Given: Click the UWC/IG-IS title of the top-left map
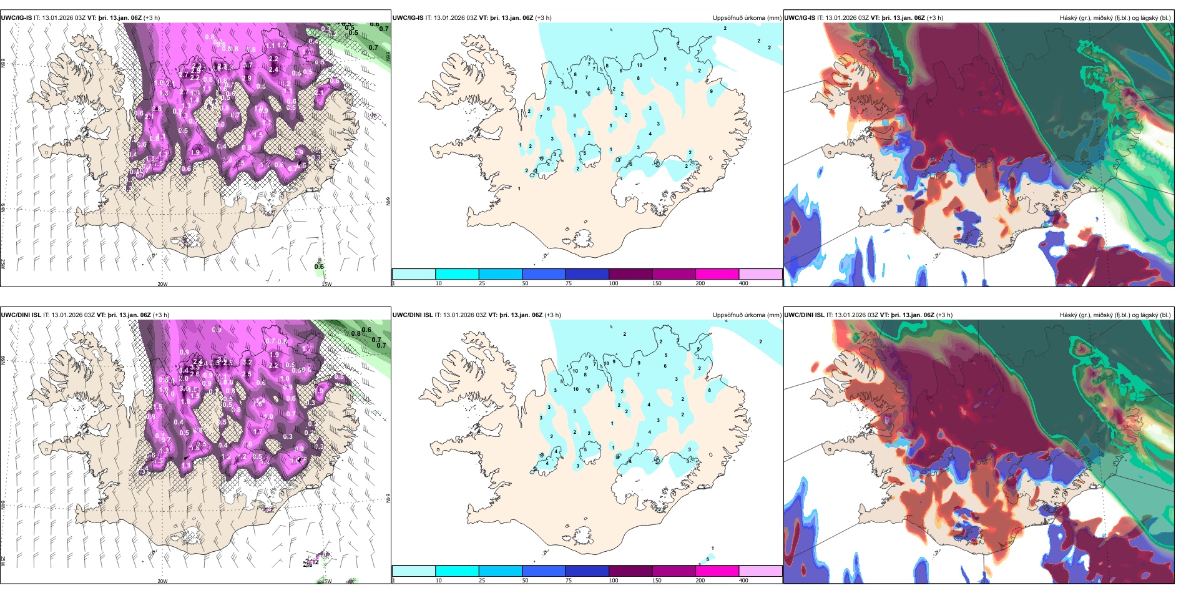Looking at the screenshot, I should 16,18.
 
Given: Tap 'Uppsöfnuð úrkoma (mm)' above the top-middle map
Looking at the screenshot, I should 747,18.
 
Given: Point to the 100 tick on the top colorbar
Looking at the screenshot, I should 614,283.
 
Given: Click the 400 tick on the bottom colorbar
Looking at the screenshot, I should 743,581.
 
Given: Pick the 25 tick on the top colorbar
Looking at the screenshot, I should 482,283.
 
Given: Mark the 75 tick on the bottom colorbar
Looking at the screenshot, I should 569,581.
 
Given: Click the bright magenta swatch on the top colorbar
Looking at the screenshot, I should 717,274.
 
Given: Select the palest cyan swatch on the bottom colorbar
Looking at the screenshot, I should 413,571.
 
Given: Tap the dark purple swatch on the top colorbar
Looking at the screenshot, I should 630,274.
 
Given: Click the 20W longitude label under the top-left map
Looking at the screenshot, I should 162,284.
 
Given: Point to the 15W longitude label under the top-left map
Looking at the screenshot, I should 326,284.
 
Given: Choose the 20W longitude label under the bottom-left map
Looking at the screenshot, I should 162,581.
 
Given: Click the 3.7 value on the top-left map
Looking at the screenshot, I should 248,66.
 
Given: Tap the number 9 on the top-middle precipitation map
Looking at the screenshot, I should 711,92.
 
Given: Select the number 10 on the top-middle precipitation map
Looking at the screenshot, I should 639,65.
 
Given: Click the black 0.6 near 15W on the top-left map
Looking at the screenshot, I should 319,267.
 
